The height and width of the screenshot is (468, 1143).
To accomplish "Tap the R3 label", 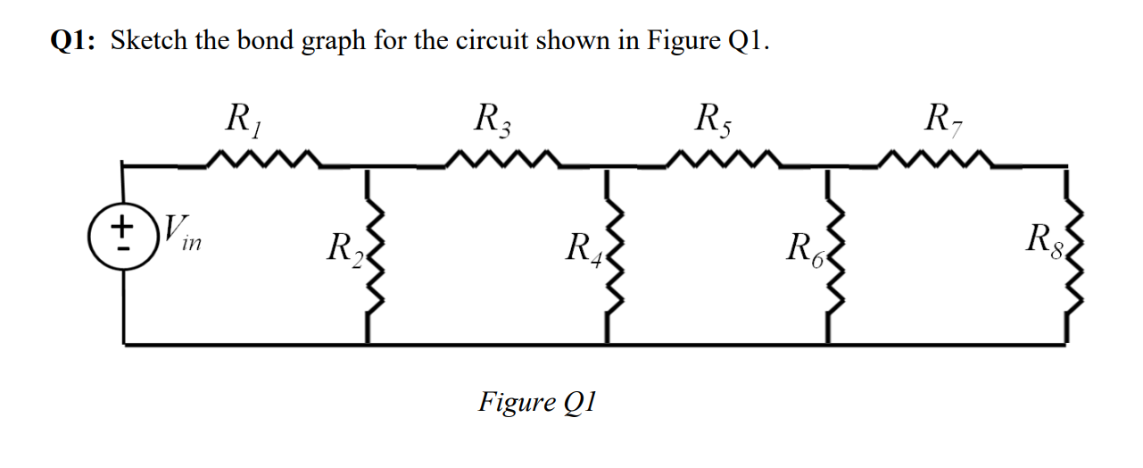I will [492, 118].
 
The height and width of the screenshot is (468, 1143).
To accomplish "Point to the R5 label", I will [715, 118].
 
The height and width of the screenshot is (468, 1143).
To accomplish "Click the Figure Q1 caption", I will [536, 402].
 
